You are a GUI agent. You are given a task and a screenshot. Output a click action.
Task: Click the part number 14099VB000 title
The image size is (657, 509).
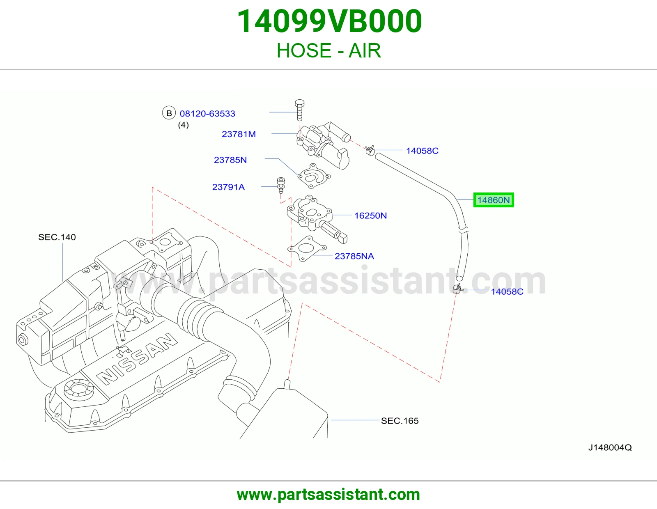[329, 21]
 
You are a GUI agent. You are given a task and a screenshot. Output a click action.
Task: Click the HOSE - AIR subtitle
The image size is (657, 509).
[328, 50]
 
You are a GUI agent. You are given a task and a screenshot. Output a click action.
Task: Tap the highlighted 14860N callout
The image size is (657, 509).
[494, 200]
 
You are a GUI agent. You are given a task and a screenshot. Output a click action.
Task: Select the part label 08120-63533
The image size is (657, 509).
[207, 114]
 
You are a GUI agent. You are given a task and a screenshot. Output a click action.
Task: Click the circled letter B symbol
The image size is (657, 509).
[169, 113]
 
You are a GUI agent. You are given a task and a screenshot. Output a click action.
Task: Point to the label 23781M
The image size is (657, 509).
[239, 134]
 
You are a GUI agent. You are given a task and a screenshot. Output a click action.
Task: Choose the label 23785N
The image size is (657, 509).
[230, 160]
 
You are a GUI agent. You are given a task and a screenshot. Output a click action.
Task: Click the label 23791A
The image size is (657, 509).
[229, 187]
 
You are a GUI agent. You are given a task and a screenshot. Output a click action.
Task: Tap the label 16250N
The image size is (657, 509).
[371, 216]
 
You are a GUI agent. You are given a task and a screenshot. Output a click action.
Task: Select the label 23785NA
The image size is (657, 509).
[354, 256]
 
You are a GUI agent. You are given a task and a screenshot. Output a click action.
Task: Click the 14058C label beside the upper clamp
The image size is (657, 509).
[423, 151]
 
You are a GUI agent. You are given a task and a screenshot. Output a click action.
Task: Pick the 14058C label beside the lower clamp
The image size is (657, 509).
[507, 292]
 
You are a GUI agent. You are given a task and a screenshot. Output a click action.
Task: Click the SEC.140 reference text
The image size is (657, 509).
[57, 237]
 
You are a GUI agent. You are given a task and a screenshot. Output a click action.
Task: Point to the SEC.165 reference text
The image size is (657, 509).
[400, 421]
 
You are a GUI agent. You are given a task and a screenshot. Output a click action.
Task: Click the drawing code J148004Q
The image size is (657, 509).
[610, 448]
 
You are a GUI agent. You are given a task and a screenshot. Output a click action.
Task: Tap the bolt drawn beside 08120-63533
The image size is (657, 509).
[299, 110]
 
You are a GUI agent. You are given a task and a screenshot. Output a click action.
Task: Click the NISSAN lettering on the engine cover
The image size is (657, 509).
[137, 359]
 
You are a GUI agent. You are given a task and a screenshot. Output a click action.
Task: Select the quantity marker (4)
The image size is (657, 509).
[183, 125]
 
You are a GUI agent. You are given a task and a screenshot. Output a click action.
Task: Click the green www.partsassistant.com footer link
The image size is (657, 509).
[328, 495]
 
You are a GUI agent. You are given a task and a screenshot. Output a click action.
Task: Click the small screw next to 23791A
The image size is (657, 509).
[281, 185]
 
